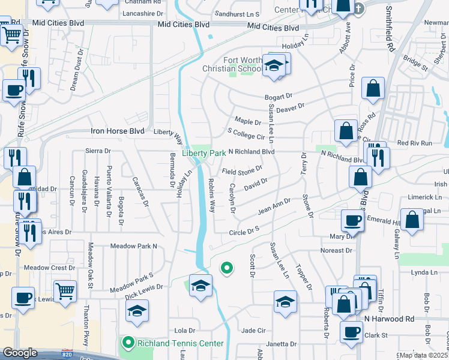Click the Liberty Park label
pos(204,153)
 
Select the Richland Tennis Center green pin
pos(128,343)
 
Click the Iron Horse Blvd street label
pos(117,131)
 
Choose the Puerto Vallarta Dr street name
pos(109,185)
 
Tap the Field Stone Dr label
pos(242,171)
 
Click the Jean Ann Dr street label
pos(274,207)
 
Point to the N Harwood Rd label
pos(390,319)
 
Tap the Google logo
pos(20,353)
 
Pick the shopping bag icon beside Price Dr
pos(373,88)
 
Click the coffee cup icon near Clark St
pos(352,331)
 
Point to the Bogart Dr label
pos(278,97)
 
